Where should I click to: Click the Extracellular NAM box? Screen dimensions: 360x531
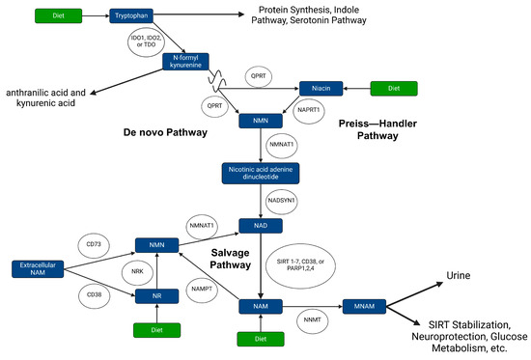[x=39, y=265]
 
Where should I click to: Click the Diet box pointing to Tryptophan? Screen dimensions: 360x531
[x=58, y=16]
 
